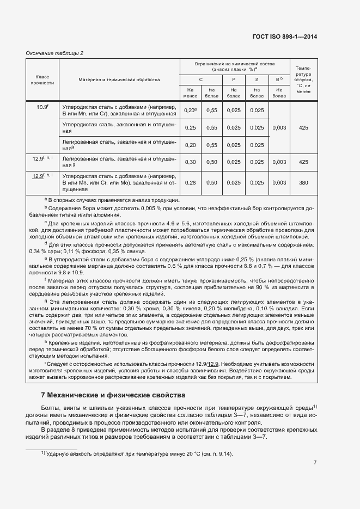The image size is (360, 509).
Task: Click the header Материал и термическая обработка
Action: coord(119,79)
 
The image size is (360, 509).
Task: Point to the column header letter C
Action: coord(201,79)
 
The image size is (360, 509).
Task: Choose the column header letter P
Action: coord(233,79)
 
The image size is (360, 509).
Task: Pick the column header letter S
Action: coord(257,79)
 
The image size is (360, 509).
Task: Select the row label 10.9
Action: coord(42,107)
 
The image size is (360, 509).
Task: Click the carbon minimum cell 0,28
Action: coord(190,183)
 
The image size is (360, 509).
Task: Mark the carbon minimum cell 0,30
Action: coord(190,162)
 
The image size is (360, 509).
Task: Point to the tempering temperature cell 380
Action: coord(303,183)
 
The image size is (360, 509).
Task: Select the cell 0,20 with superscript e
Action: coord(190,111)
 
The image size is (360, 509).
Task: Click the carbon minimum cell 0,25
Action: coord(190,128)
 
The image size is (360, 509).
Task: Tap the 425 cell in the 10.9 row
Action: coord(303,128)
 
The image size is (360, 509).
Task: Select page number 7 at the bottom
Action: coord(315,463)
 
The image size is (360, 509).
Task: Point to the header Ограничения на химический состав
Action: coord(235,66)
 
